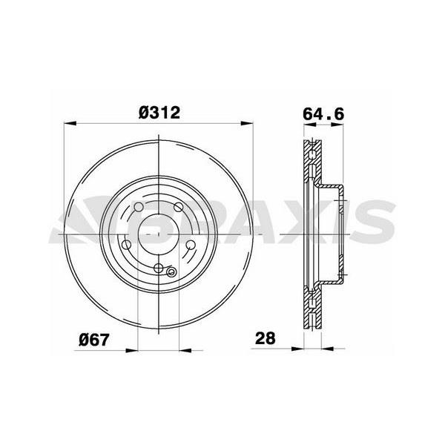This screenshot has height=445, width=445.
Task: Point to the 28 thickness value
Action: pos(266,339)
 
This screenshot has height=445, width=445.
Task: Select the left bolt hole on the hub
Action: pos(127,245)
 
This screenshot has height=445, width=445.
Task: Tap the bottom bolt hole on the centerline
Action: pos(161,268)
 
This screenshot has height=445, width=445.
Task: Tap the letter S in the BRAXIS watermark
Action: pos(371,220)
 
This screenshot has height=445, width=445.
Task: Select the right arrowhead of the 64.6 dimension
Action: pos(342,125)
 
